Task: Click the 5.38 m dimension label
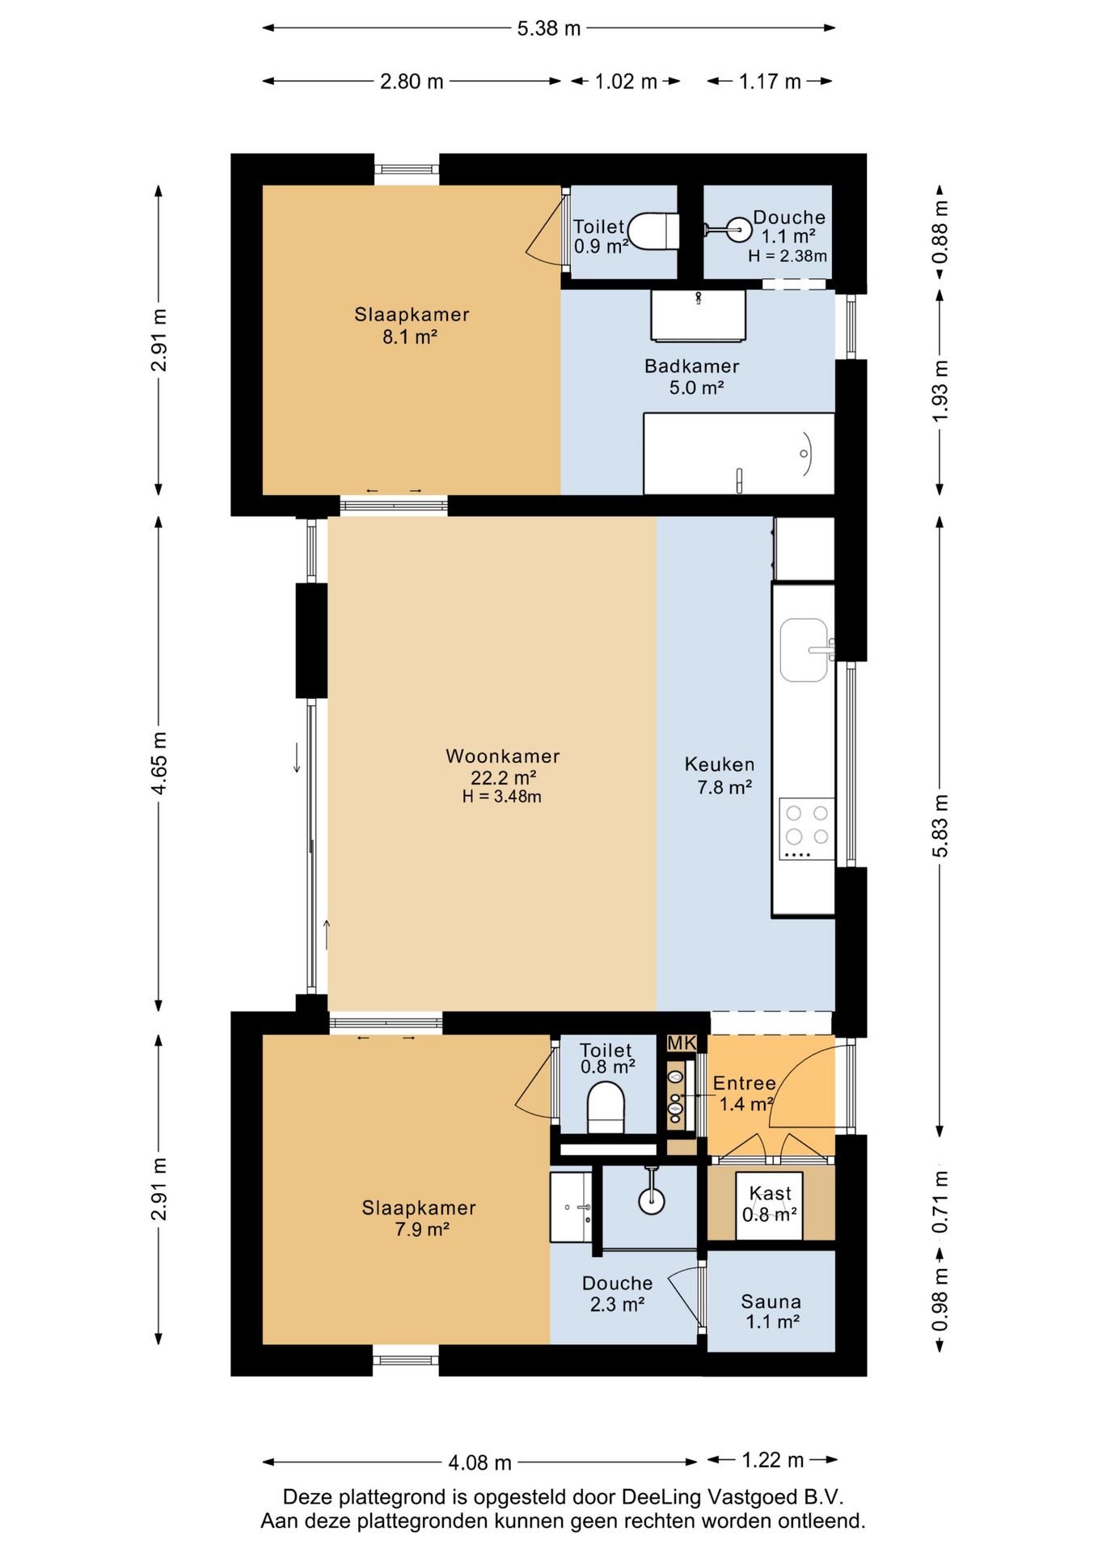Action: [549, 28]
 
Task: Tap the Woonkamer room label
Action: [503, 756]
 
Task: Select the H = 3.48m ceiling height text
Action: [502, 797]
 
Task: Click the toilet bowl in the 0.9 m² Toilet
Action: [653, 231]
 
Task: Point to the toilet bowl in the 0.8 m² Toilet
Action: [606, 1107]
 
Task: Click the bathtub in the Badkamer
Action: [739, 454]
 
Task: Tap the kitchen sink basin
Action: [804, 650]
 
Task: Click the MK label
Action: [682, 1043]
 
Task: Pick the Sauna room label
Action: [771, 1301]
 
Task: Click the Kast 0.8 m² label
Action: [770, 1204]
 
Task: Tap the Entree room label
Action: [744, 1083]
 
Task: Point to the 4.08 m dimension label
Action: [480, 1462]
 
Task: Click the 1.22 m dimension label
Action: [773, 1460]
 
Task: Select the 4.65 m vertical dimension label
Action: [159, 763]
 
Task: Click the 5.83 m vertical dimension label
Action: [940, 825]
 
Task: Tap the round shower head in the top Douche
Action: [739, 230]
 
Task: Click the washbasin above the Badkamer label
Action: [699, 315]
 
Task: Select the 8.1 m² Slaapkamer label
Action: [412, 325]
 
